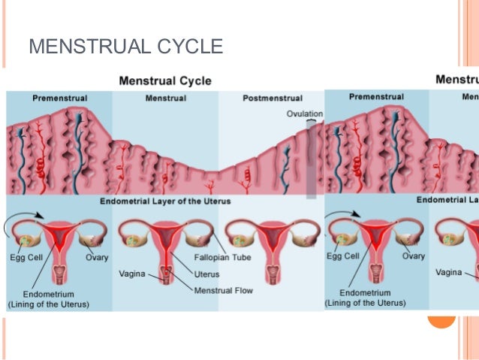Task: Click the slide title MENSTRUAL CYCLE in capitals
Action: point(125,47)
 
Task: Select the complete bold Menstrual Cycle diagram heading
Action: point(165,80)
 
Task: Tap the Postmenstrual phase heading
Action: point(273,98)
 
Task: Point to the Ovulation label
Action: point(304,113)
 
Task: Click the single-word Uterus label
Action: point(207,274)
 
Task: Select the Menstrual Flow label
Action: point(224,291)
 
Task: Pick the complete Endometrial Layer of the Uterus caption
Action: point(165,201)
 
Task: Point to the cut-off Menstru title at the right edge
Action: point(457,80)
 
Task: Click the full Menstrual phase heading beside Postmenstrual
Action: point(165,98)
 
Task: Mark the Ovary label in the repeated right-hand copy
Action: point(413,257)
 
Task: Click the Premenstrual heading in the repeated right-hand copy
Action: point(376,98)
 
